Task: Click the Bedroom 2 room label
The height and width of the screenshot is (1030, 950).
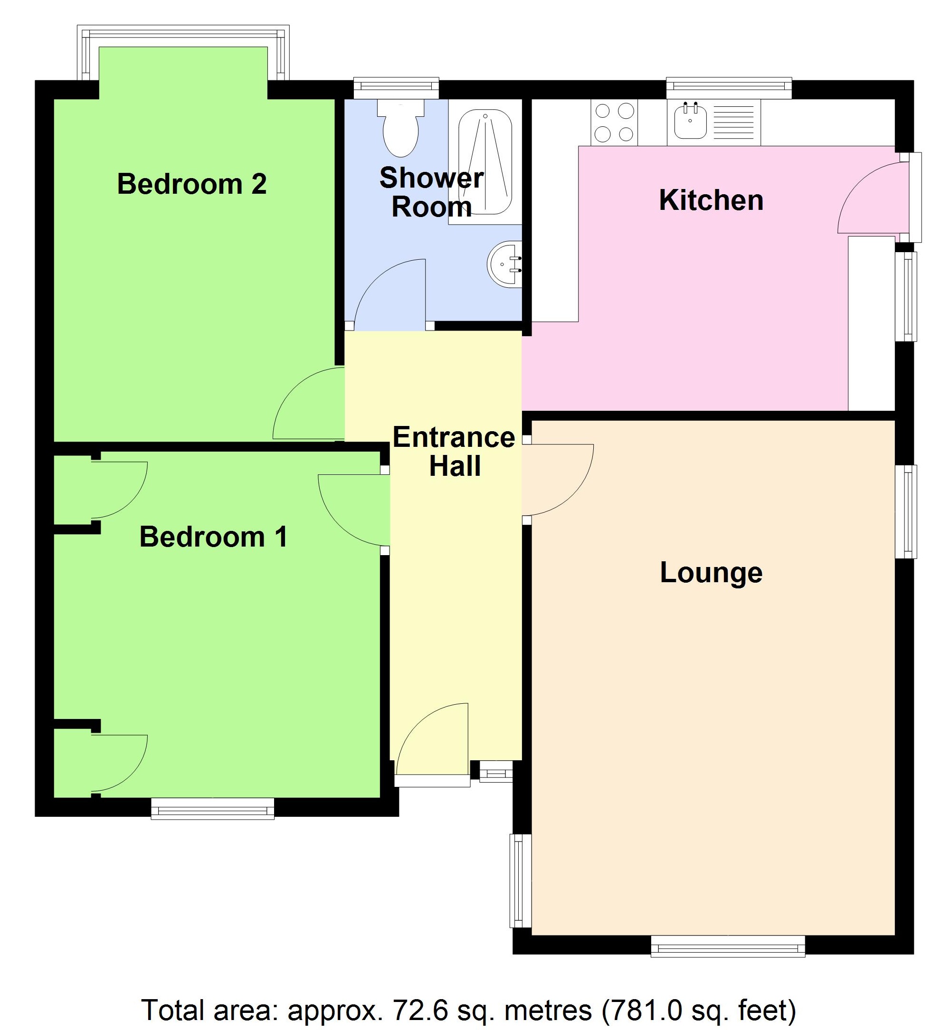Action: tap(192, 184)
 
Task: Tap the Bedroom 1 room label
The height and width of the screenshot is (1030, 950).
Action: tap(213, 537)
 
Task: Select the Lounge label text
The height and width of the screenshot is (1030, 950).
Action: tap(711, 573)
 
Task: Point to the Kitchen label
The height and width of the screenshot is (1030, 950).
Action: tap(711, 200)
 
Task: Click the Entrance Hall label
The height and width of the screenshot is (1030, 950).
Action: tap(454, 452)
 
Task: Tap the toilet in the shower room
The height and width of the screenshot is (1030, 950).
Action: tap(400, 129)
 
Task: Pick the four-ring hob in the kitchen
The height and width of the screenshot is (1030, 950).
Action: tap(614, 123)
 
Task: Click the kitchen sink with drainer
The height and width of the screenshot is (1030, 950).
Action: tap(713, 122)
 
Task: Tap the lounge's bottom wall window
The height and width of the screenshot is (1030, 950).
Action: tap(727, 946)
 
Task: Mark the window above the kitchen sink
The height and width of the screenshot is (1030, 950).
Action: tap(729, 87)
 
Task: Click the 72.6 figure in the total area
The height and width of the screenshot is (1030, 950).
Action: tap(417, 1011)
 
